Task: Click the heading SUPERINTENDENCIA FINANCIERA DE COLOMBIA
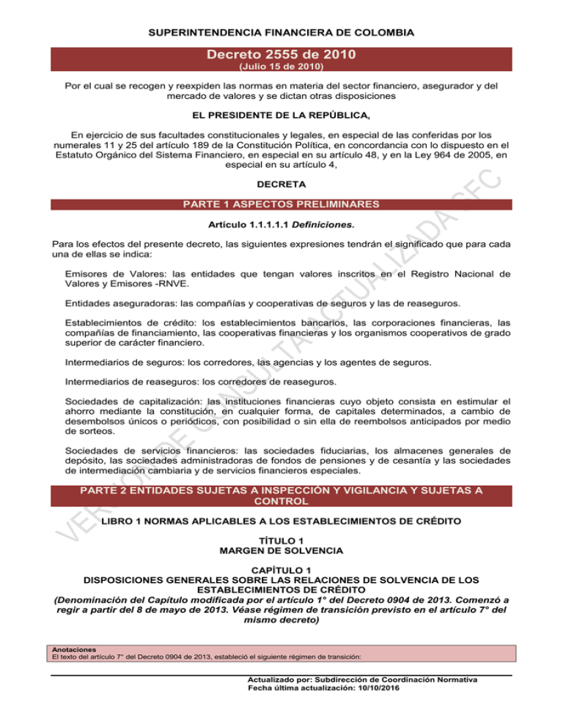281,33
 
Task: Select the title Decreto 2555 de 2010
281,53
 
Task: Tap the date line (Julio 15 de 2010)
281,67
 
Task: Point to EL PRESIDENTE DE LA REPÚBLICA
281,114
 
